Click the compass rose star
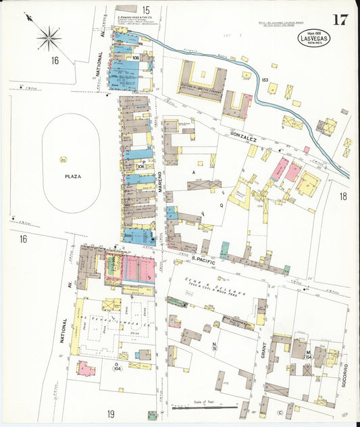49,38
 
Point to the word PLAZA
72,176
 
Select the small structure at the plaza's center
63,159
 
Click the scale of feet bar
205,408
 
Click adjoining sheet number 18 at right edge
342,197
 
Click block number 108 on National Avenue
136,58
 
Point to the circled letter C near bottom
280,413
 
